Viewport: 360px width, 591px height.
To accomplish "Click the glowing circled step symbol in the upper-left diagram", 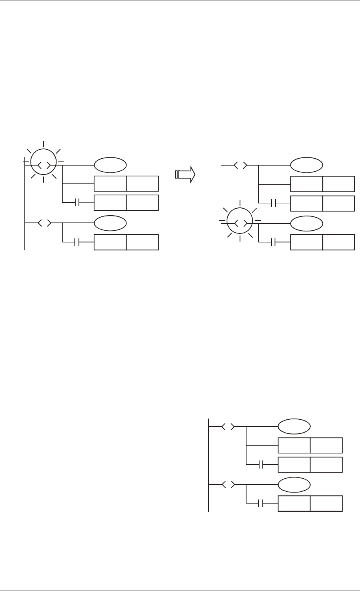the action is pyautogui.click(x=43, y=165).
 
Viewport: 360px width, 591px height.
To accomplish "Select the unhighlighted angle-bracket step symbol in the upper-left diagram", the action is pyautogui.click(x=43, y=223).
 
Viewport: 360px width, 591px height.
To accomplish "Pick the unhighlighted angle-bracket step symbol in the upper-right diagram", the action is pyautogui.click(x=240, y=166).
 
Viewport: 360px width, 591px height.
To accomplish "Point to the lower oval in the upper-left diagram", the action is pyautogui.click(x=110, y=223).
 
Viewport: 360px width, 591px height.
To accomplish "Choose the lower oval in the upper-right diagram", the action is pyautogui.click(x=307, y=223).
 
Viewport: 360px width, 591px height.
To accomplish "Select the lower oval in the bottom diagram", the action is pyautogui.click(x=294, y=484).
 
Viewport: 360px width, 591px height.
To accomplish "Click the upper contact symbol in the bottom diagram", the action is pyautogui.click(x=262, y=465).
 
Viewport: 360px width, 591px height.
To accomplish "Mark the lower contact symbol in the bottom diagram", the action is pyautogui.click(x=262, y=504).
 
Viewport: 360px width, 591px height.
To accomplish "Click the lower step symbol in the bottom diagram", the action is pyautogui.click(x=227, y=484).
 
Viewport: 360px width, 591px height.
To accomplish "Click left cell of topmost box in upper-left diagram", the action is pyautogui.click(x=110, y=184).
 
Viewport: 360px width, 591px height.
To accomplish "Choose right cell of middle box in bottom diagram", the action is pyautogui.click(x=326, y=465).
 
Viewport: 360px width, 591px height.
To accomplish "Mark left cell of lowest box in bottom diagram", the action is pyautogui.click(x=294, y=504).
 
